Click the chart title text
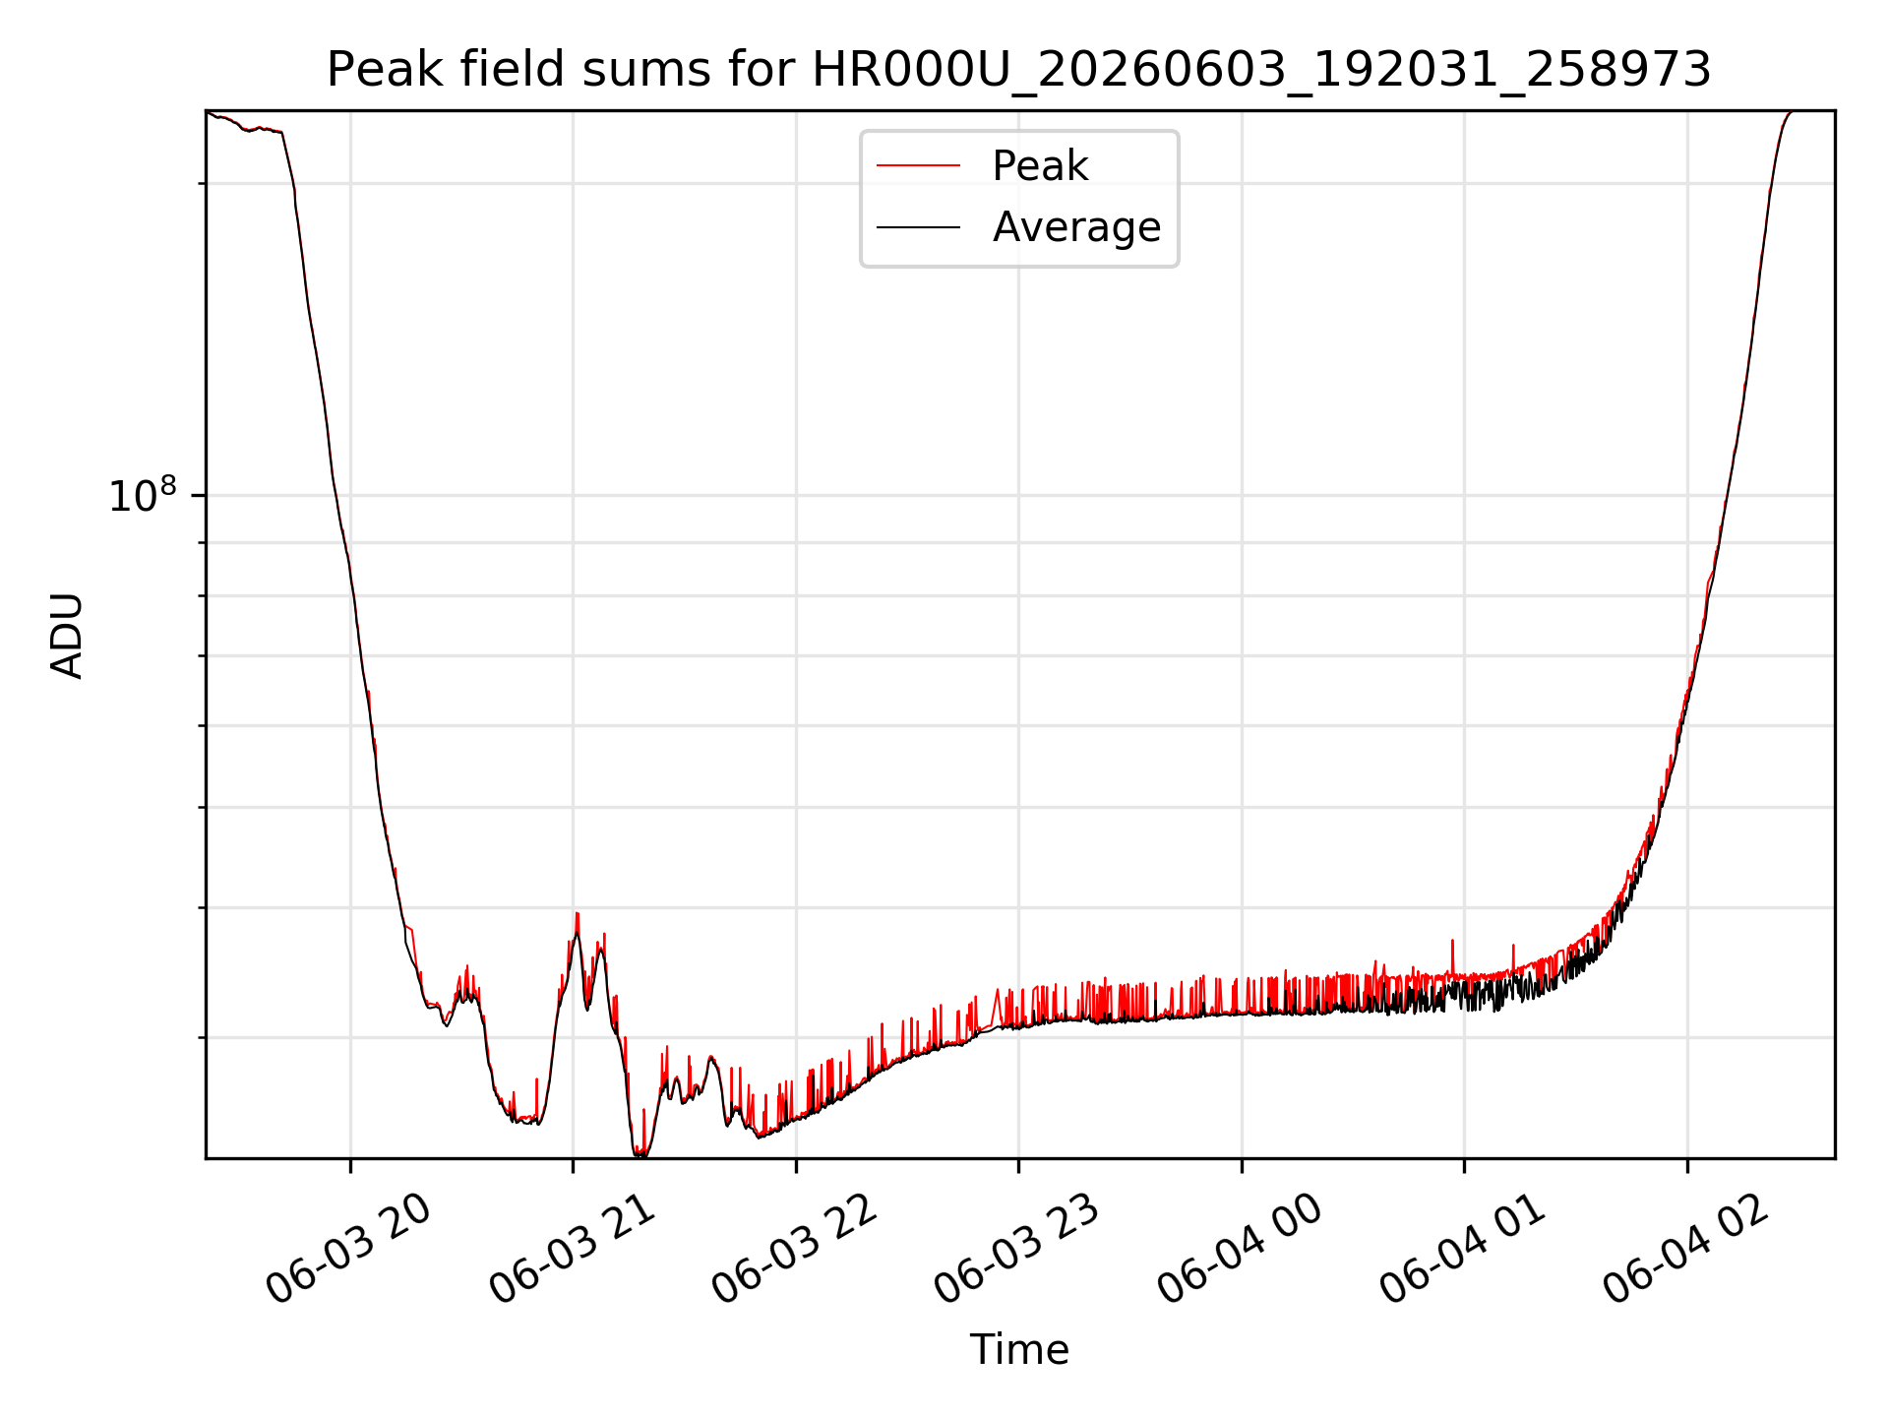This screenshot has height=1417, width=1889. tap(1019, 70)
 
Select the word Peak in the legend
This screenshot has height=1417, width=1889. tap(1040, 165)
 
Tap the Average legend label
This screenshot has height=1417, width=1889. tap(1076, 227)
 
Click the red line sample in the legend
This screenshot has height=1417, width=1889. tap(919, 165)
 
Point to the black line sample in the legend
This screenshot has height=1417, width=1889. tap(919, 227)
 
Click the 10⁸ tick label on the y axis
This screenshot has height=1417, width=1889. tap(143, 495)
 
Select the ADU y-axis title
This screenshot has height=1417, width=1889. tap(67, 635)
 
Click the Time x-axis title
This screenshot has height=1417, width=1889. tap(1019, 1349)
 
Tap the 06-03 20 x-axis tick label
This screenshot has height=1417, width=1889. tap(349, 1250)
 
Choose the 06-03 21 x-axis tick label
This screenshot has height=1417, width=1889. tap(572, 1250)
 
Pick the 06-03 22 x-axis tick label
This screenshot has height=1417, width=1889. tap(795, 1250)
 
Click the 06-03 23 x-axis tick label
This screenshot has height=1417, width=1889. tap(1017, 1250)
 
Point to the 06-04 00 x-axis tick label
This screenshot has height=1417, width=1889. tap(1241, 1250)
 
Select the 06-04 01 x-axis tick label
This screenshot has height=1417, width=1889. tap(1463, 1250)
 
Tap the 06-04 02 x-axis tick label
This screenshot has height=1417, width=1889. tap(1686, 1250)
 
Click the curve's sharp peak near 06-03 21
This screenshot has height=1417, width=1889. tap(578, 913)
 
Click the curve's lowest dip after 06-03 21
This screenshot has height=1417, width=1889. tap(640, 1155)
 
